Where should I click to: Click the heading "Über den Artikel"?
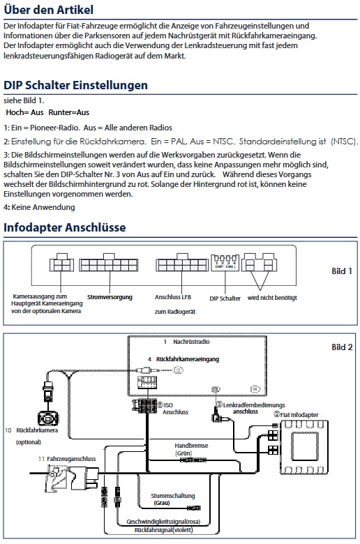click(x=48, y=10)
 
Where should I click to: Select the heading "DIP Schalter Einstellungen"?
click(x=75, y=85)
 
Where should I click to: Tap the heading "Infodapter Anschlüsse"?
click(x=65, y=227)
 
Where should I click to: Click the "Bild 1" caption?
click(x=342, y=271)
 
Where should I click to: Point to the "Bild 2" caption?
click(x=342, y=347)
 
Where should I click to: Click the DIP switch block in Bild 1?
click(x=225, y=263)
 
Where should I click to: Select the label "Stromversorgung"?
click(x=110, y=297)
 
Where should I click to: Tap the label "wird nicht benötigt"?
click(x=272, y=298)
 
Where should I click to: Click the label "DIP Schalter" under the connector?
click(x=225, y=299)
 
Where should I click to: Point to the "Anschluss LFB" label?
click(x=173, y=297)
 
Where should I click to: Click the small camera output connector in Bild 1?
click(x=61, y=263)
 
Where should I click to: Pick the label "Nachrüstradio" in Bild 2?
click(x=191, y=342)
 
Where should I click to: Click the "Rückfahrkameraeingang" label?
click(x=188, y=359)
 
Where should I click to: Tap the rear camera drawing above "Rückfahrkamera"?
click(x=48, y=418)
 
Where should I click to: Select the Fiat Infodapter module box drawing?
click(x=304, y=447)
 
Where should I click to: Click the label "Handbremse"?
click(x=191, y=446)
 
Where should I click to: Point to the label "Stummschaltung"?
click(x=173, y=496)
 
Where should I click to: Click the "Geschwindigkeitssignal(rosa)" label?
click(x=163, y=522)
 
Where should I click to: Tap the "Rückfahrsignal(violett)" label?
click(x=163, y=530)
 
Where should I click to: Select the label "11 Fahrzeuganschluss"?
click(x=67, y=459)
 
